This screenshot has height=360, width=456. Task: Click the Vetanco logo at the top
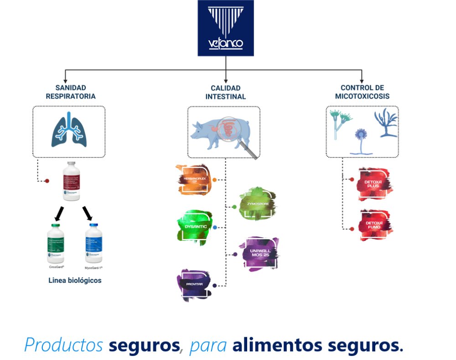[226, 28]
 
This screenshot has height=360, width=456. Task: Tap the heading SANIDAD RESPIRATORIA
[70, 92]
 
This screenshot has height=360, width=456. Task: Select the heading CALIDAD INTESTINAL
[226, 92]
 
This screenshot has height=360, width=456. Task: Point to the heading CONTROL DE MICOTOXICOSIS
[362, 92]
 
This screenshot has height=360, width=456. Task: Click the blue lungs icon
[68, 130]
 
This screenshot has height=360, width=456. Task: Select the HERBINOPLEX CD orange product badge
[194, 179]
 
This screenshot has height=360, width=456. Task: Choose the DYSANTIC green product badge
[193, 226]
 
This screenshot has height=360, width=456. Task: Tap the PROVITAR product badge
[194, 285]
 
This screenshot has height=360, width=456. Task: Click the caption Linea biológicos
[75, 280]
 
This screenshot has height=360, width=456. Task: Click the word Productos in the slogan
[63, 345]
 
